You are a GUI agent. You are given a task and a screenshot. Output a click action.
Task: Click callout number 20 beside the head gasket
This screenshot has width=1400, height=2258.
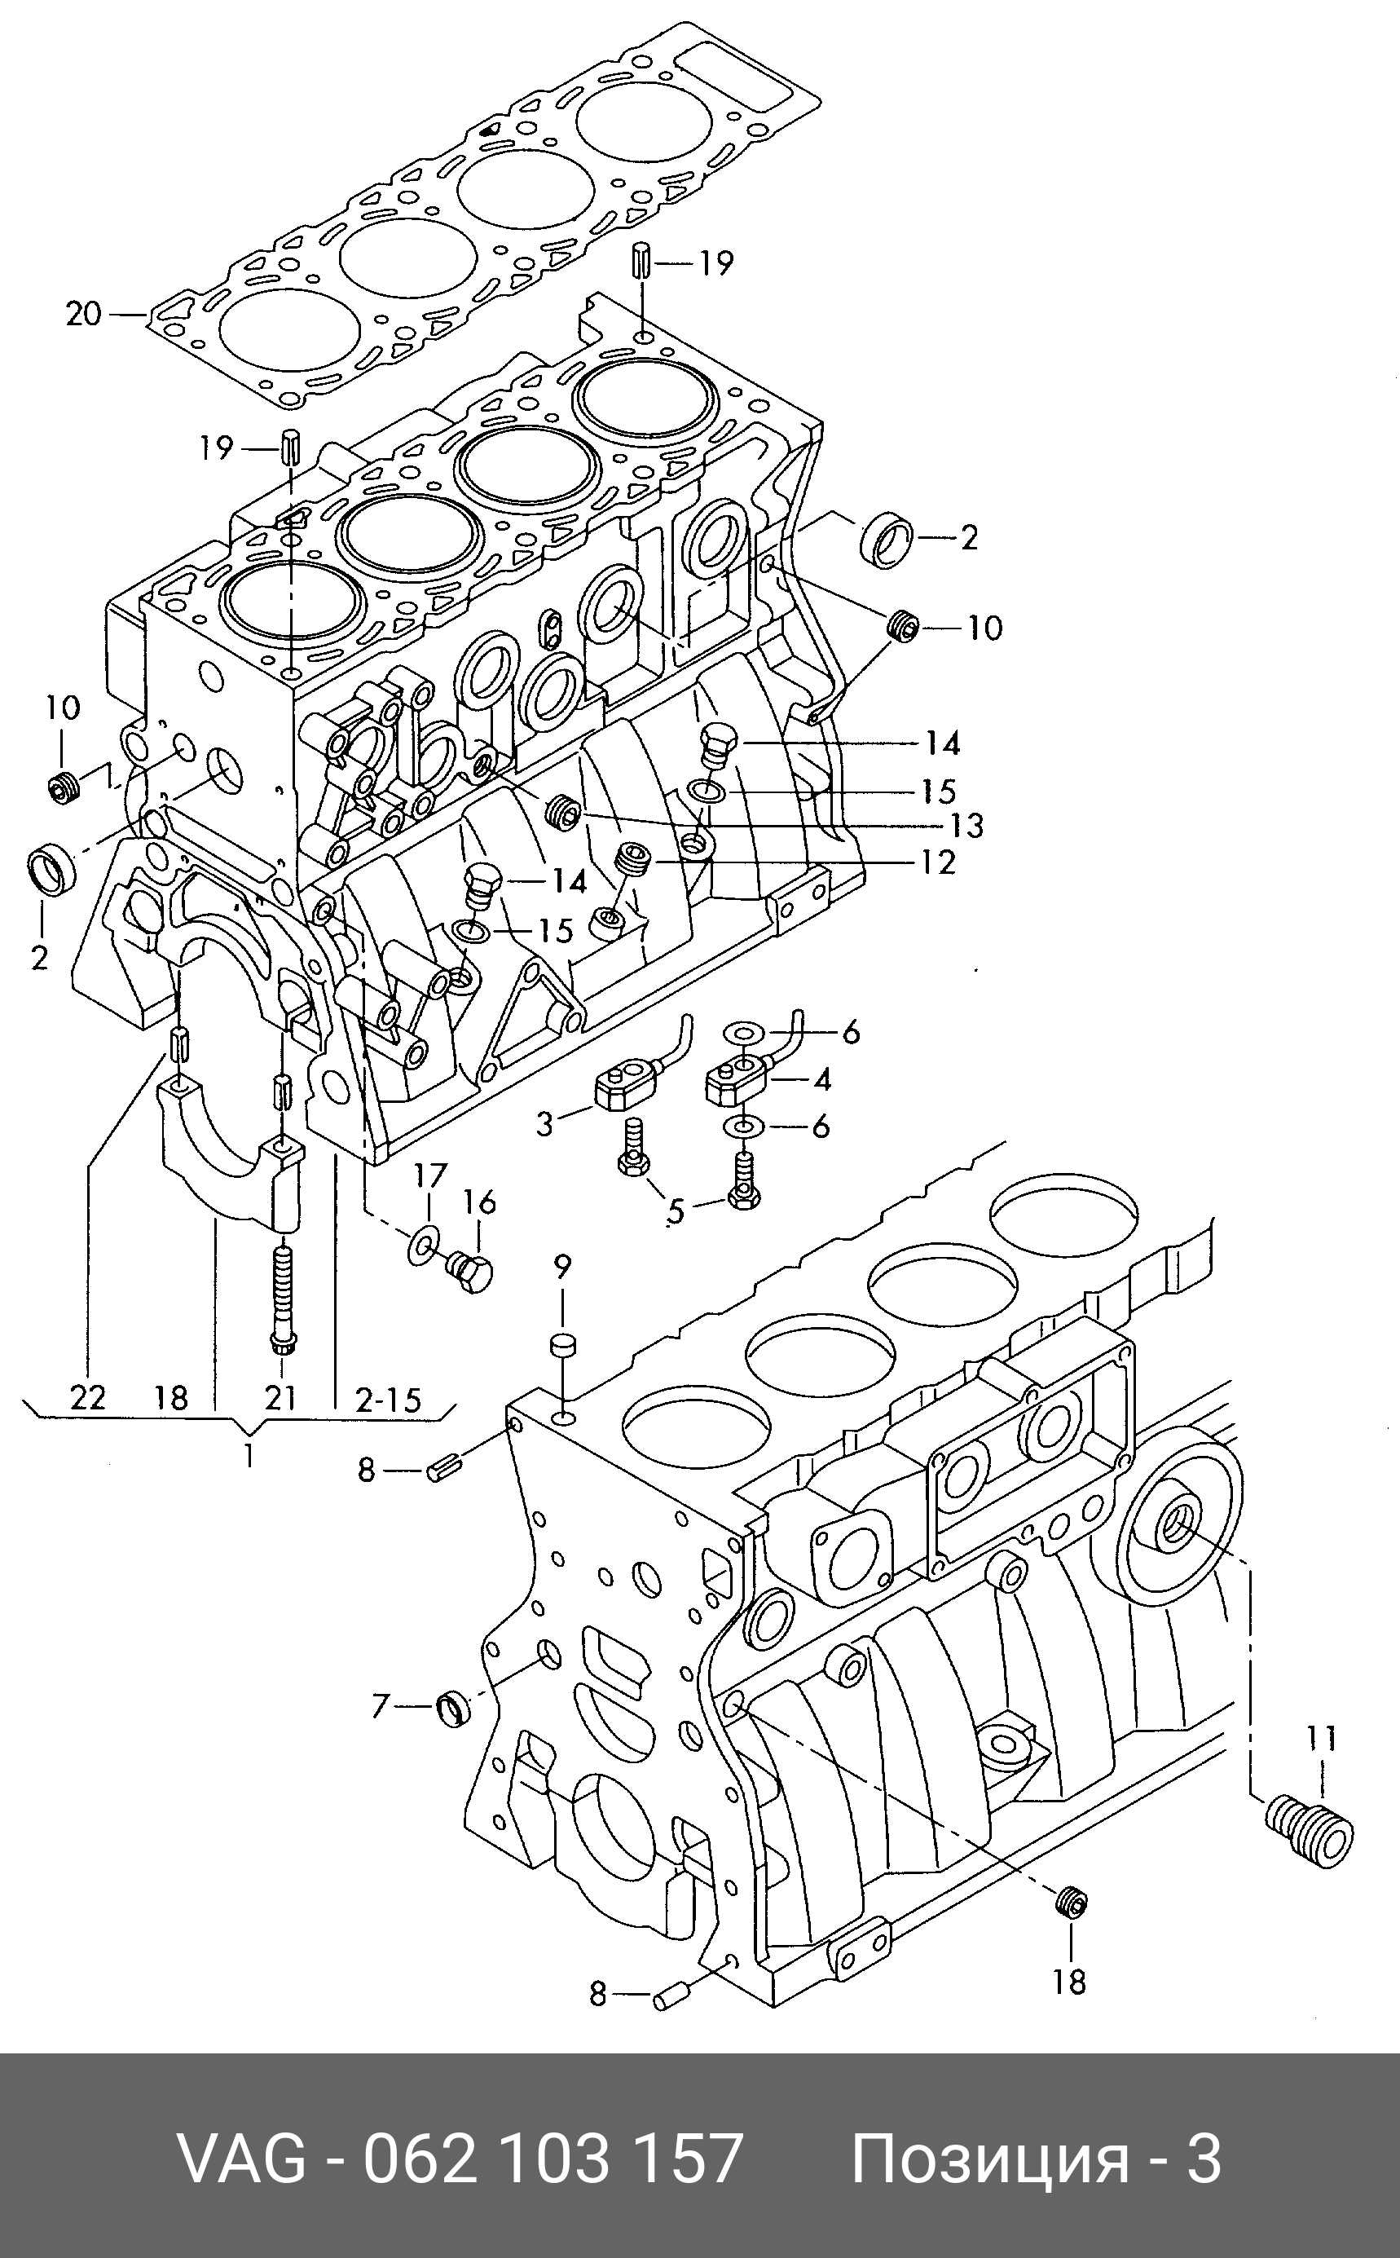[82, 315]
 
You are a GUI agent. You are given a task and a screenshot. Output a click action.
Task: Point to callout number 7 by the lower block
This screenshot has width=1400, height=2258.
[380, 1706]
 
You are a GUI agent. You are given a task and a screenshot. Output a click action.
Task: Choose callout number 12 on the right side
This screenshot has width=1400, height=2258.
[938, 862]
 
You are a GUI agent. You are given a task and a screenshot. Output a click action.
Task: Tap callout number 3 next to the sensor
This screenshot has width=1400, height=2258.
[544, 1124]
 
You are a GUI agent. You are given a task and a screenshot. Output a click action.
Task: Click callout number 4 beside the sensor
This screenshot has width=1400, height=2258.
[821, 1078]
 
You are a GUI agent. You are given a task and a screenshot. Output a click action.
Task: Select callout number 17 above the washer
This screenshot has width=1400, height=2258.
[429, 1176]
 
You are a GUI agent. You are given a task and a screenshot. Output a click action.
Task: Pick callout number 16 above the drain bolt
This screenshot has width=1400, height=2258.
[478, 1202]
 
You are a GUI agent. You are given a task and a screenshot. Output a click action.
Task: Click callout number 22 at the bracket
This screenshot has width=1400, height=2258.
[88, 1396]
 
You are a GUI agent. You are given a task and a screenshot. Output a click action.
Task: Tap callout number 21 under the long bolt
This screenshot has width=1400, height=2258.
[280, 1396]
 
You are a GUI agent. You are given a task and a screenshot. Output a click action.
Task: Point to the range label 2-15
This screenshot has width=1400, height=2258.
[388, 1399]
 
